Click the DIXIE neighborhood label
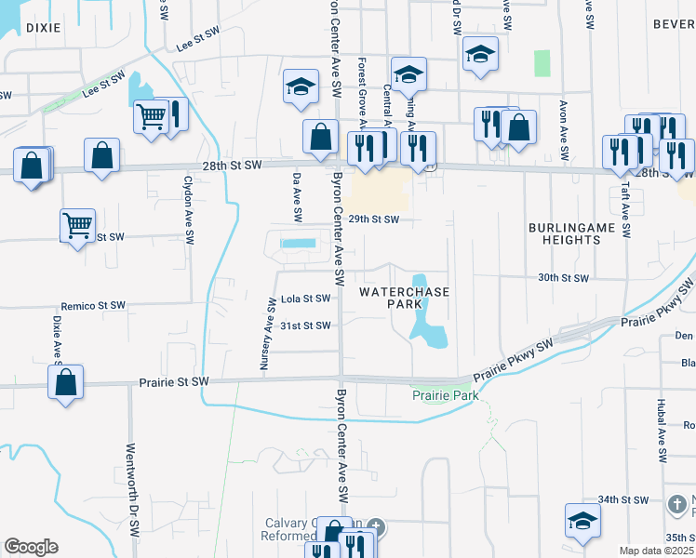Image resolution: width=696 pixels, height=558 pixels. (x=43, y=28)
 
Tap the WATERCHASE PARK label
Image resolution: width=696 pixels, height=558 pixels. (x=404, y=299)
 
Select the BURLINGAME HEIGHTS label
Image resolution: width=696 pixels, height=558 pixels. (x=565, y=233)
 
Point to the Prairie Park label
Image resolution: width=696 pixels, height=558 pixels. (x=445, y=396)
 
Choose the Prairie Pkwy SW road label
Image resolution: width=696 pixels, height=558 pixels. (x=512, y=358)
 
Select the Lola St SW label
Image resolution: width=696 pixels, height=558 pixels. (x=305, y=299)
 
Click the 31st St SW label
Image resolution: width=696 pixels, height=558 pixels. (x=305, y=325)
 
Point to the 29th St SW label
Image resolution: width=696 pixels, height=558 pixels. (x=373, y=220)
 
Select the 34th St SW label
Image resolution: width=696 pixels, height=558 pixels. (x=622, y=499)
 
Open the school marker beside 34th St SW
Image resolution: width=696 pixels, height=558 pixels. (x=582, y=522)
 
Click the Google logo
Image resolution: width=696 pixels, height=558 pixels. (x=31, y=547)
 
